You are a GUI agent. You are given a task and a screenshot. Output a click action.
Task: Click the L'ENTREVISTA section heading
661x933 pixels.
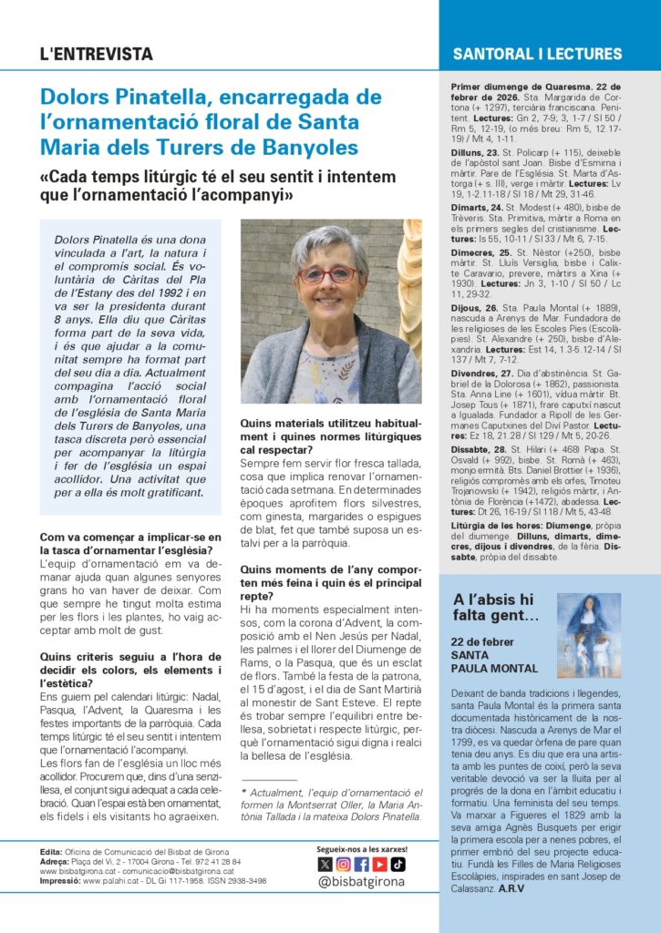tap(97, 54)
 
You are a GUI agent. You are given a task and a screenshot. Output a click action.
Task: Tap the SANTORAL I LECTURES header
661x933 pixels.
tap(537, 54)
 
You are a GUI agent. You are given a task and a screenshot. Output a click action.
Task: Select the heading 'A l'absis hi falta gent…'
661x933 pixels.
tap(493, 608)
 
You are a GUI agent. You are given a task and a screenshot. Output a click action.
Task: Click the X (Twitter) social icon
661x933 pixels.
tap(325, 865)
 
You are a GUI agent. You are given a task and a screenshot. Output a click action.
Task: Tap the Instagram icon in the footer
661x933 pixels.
tap(343, 865)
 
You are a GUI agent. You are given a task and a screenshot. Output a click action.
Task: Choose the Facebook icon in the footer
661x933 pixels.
tap(361, 865)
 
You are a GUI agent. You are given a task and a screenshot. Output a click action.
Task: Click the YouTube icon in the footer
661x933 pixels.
tap(379, 865)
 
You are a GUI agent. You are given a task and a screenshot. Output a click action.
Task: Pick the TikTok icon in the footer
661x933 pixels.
tap(398, 865)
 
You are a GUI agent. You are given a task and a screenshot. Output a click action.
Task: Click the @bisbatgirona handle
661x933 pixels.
tap(361, 882)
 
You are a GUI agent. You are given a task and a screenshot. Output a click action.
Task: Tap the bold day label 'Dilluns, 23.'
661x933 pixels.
tap(475, 152)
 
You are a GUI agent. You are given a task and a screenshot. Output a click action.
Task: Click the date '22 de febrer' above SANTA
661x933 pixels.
tap(482, 641)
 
